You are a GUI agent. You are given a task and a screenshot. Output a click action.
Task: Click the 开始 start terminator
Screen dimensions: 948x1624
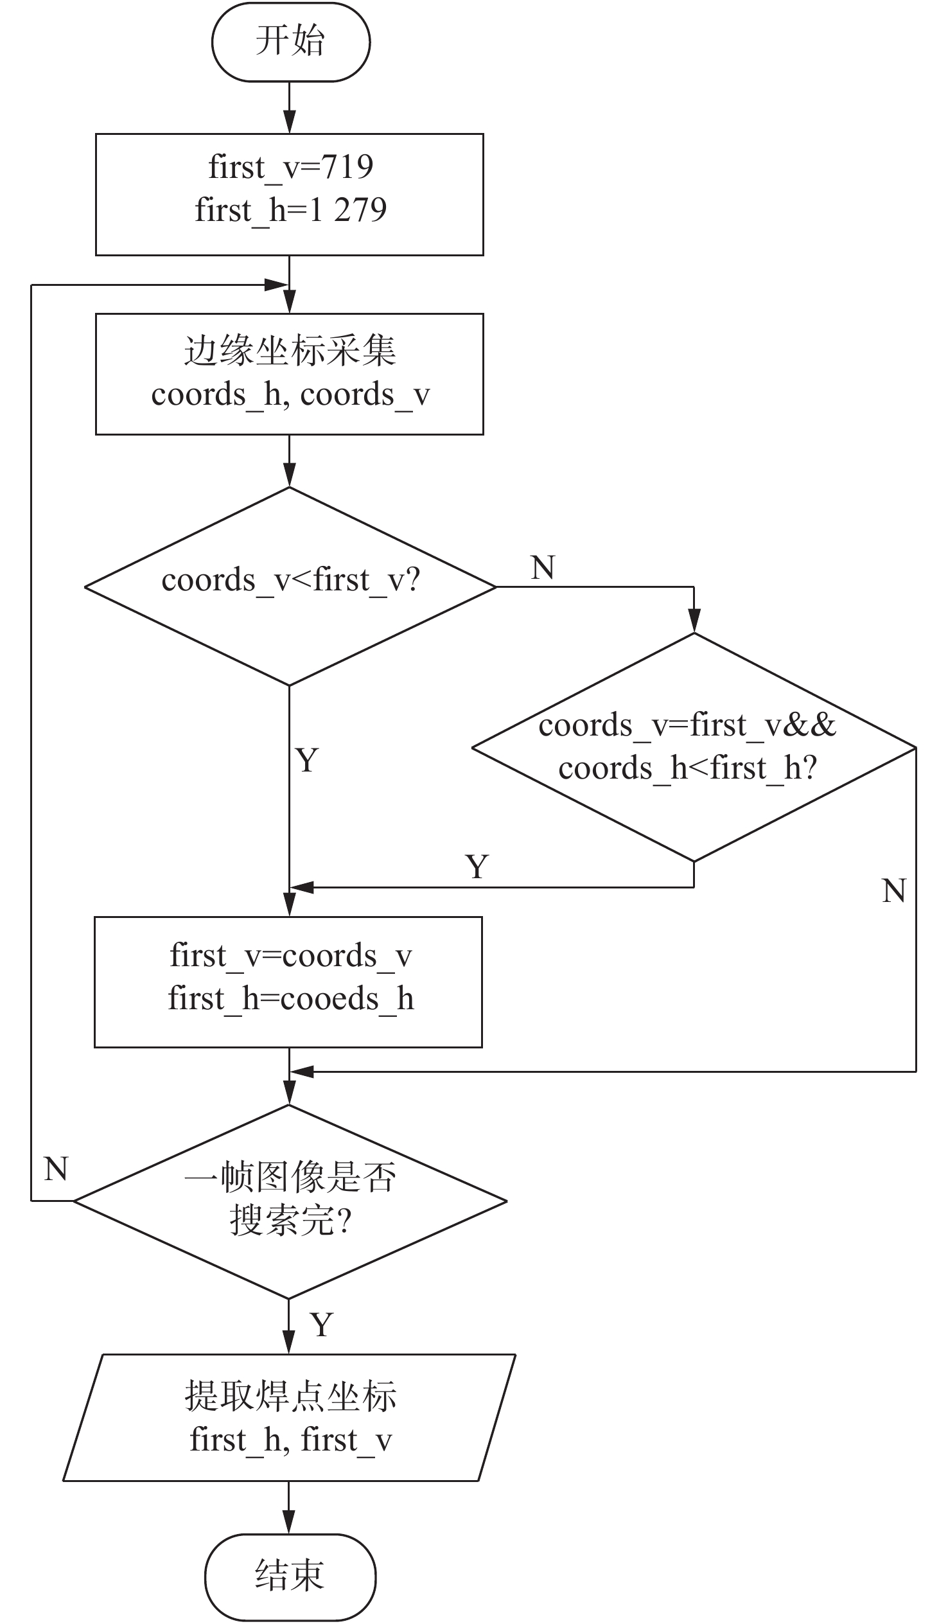291,42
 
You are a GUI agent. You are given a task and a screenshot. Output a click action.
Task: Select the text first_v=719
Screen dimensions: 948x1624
291,167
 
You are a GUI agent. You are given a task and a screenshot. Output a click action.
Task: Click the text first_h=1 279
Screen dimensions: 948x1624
291,210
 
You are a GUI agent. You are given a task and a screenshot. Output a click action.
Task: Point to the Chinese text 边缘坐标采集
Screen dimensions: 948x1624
290,351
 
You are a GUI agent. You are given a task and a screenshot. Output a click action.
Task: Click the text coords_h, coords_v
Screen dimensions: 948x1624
290,394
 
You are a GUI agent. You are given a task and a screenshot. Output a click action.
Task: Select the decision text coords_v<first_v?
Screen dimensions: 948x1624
291,580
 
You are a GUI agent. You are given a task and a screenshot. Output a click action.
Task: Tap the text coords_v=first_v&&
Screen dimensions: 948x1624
687,725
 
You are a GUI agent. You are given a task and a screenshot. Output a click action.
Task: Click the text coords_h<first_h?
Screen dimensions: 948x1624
688,768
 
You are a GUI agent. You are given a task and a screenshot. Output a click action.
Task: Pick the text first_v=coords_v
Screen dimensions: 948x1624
291,956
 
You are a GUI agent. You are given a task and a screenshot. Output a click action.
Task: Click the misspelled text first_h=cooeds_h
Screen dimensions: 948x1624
291,999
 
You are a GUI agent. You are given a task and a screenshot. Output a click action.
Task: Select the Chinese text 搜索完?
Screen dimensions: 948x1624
291,1220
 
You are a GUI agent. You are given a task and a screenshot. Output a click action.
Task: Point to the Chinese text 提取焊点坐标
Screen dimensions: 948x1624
291,1397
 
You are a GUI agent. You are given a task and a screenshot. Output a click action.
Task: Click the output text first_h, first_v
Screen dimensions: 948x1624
291,1440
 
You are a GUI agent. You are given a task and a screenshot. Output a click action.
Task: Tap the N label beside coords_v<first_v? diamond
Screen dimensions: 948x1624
543,568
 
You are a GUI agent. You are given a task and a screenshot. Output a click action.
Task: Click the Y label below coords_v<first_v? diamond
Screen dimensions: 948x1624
307,761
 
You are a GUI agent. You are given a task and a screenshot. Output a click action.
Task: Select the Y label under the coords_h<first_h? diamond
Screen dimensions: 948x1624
477,867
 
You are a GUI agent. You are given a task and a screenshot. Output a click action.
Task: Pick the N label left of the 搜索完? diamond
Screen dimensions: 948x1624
56,1169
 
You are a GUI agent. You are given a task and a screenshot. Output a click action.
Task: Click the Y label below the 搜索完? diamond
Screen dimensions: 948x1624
322,1325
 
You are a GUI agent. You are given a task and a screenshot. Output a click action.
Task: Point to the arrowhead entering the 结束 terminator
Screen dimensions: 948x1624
290,1523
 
